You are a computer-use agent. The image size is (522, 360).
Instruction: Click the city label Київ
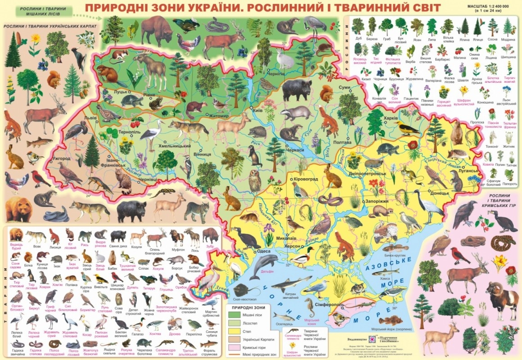point(258,110)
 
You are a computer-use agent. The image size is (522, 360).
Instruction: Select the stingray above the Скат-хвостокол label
point(240,289)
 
